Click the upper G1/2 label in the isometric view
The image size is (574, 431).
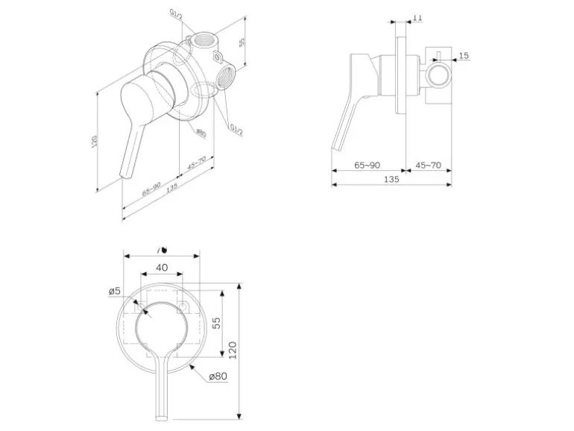click(x=176, y=16)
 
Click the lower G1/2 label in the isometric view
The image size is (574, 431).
click(x=236, y=129)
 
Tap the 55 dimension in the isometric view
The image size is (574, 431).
click(x=242, y=43)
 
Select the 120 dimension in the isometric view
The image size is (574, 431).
click(x=95, y=142)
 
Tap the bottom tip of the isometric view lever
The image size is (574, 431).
click(x=124, y=177)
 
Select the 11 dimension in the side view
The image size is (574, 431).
click(x=417, y=17)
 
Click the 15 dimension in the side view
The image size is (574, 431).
click(x=464, y=56)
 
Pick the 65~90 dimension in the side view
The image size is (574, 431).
click(x=368, y=164)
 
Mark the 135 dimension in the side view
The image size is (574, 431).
click(x=391, y=179)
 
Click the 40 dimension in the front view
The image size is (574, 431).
click(x=162, y=268)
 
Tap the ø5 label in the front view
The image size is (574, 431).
click(x=114, y=291)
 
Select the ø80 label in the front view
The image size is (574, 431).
click(x=217, y=377)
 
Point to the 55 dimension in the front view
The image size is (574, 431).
click(x=216, y=322)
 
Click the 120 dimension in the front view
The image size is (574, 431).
click(x=232, y=349)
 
